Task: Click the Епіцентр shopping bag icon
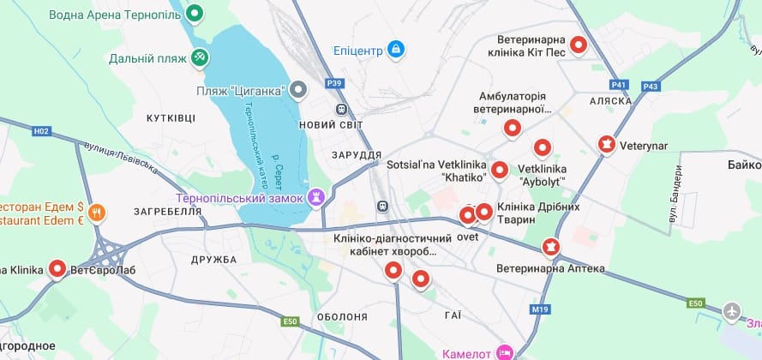pyautogui.click(x=395, y=50)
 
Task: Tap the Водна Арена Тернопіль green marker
pyautogui.click(x=195, y=14)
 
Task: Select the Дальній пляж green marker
pyautogui.click(x=199, y=57)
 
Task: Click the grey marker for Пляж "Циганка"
pyautogui.click(x=298, y=88)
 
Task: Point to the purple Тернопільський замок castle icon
pyautogui.click(x=317, y=197)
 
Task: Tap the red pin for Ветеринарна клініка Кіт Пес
pyautogui.click(x=579, y=45)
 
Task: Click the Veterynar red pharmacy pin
pyautogui.click(x=607, y=144)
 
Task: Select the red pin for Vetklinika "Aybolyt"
pyautogui.click(x=542, y=147)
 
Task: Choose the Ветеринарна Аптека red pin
pyautogui.click(x=549, y=248)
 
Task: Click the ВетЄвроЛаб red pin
pyautogui.click(x=57, y=268)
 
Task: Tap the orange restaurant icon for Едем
pyautogui.click(x=97, y=212)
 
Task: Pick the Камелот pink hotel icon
pyautogui.click(x=506, y=352)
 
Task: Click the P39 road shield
pyautogui.click(x=334, y=83)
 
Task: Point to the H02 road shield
pyautogui.click(x=40, y=131)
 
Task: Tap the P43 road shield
pyautogui.click(x=651, y=86)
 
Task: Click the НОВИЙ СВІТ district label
pyautogui.click(x=331, y=125)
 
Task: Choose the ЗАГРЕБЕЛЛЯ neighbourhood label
pyautogui.click(x=167, y=210)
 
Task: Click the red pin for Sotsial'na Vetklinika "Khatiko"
pyautogui.click(x=500, y=170)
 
